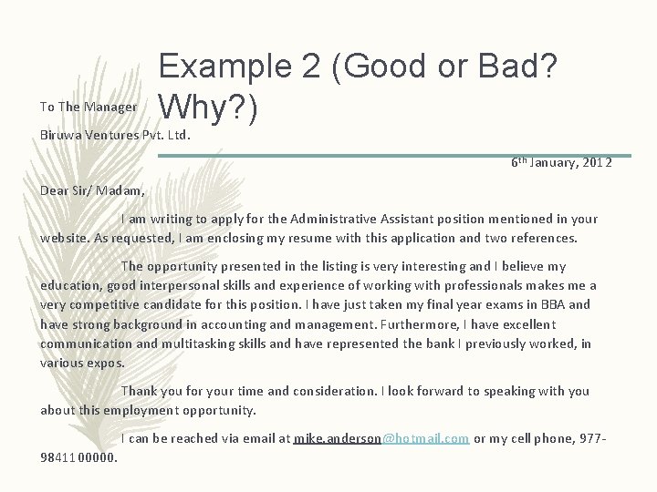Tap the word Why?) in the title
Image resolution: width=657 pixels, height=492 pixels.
(x=210, y=108)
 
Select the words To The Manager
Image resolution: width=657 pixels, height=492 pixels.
(x=89, y=108)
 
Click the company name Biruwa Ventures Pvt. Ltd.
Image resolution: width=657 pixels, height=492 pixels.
(x=115, y=135)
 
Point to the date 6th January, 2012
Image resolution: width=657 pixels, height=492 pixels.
(x=561, y=162)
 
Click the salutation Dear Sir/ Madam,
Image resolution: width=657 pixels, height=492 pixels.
(x=92, y=190)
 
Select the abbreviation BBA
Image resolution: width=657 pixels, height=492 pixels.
(x=552, y=305)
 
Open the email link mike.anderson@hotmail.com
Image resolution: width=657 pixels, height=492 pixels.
(x=381, y=438)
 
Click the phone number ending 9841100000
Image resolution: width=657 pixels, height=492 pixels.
(x=79, y=457)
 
